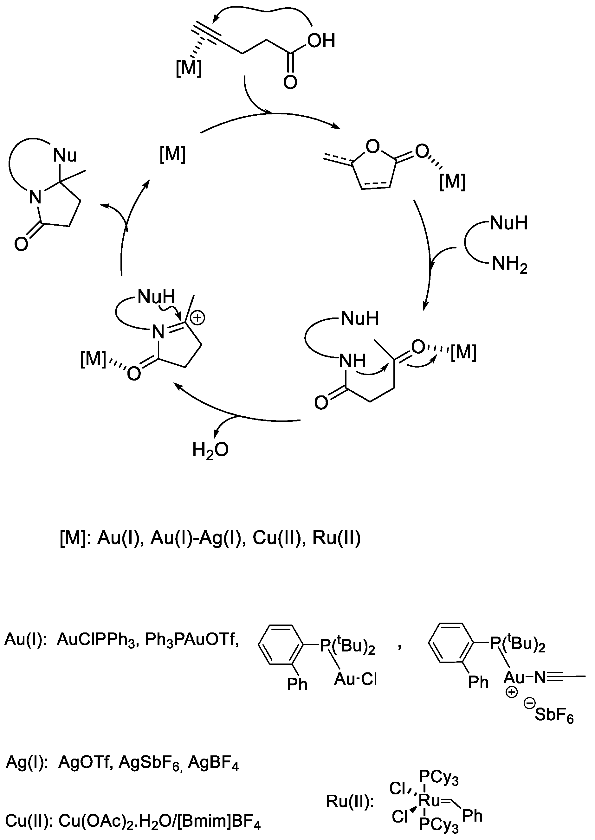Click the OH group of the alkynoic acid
coord(321,41)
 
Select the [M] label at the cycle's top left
coord(172,154)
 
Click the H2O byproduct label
coord(210,450)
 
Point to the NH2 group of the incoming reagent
coord(509,264)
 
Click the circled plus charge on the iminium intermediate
coord(197,317)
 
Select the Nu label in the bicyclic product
coord(65,155)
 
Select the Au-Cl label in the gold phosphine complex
coord(355,679)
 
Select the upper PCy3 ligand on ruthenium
coord(438,776)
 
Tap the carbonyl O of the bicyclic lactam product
coord(21,244)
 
